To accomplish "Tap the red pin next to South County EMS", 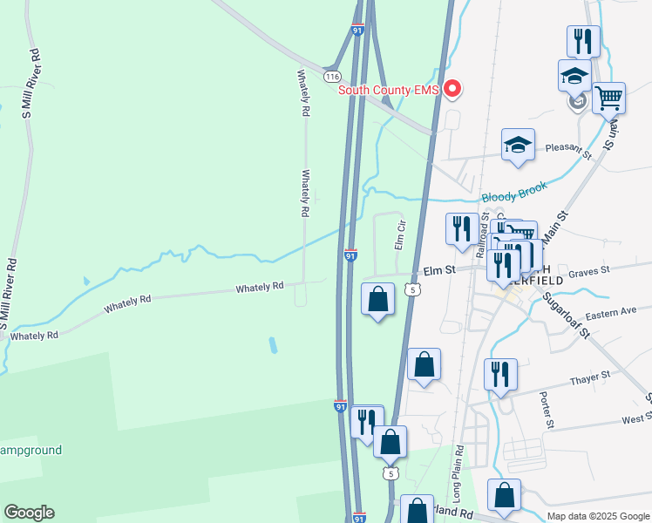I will coord(452,88).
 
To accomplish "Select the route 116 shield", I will coord(331,77).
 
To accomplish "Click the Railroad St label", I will coord(479,235).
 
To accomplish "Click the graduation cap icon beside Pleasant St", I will coord(518,145).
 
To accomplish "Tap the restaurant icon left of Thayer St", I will coord(500,375).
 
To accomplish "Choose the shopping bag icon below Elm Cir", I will coord(377,299).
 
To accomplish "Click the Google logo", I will coord(29,513).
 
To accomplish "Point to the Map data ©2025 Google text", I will coord(597,516).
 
